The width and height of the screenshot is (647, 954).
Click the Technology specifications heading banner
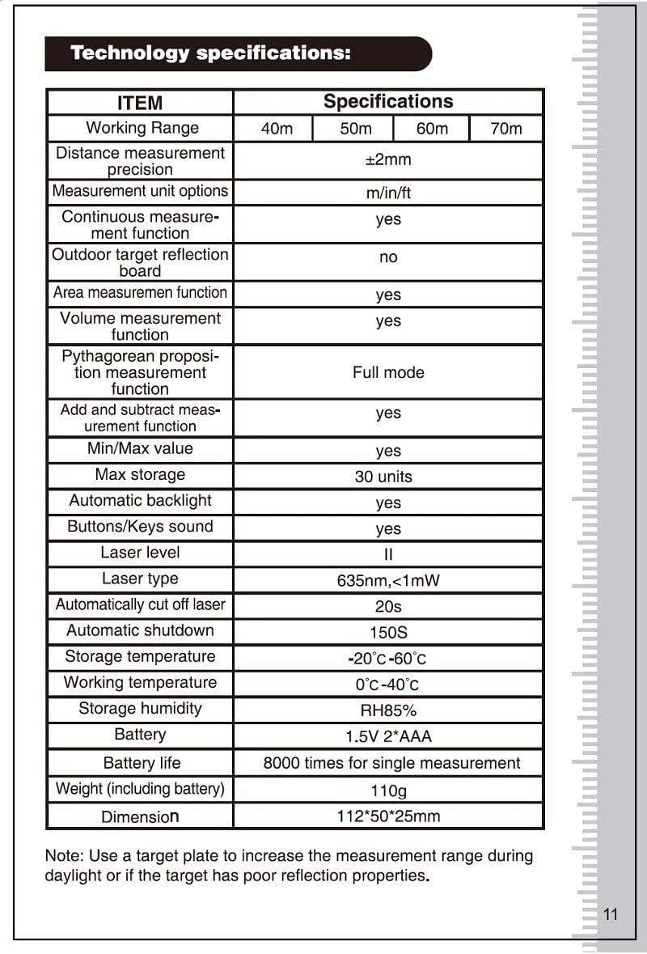238,54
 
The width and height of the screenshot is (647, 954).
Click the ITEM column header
140,103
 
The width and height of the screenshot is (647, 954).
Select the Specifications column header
388,102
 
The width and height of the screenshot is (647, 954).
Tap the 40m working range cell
273,129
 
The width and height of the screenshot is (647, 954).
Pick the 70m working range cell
506,129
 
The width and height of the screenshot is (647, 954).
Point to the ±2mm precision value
388,160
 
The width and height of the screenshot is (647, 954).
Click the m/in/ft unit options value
388,193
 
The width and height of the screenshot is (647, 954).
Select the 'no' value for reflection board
388,257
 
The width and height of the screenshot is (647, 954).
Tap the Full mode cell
388,373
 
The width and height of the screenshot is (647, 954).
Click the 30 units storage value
383,477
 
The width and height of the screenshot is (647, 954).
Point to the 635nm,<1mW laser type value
388,581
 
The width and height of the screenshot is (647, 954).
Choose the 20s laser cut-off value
388,606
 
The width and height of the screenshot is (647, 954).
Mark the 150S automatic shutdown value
388,632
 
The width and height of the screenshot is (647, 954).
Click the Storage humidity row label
140,709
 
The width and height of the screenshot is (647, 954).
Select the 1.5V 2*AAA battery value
388,736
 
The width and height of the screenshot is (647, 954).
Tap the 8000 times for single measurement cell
391,763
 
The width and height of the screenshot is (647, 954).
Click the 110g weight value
388,790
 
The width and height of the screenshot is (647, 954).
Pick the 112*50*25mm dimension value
388,816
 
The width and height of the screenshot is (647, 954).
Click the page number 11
611,914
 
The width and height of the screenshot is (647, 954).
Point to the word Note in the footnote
61,856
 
